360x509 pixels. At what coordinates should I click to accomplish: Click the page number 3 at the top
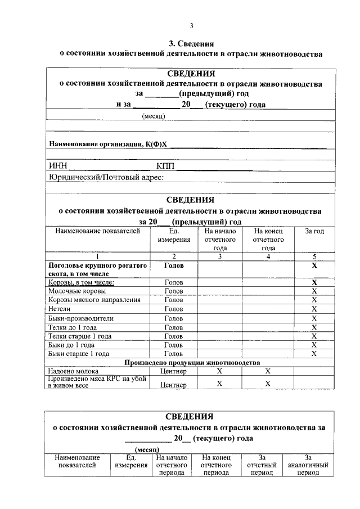(x=191, y=26)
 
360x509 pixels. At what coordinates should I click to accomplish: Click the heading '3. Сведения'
(x=191, y=43)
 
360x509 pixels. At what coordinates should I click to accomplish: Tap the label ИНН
(x=58, y=166)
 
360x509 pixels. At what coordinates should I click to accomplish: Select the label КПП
(x=167, y=166)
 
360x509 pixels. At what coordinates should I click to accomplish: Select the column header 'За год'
(x=314, y=231)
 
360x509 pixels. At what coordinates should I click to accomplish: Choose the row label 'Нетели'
(x=60, y=309)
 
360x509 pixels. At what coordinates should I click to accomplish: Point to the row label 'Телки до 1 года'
(x=72, y=327)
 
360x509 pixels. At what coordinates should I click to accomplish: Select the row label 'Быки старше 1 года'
(x=79, y=353)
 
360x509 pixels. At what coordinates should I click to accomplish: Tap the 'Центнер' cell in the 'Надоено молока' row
(x=173, y=371)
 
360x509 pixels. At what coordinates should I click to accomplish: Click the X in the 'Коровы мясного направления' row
(x=314, y=300)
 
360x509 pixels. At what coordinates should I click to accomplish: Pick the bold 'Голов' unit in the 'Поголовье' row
(x=173, y=264)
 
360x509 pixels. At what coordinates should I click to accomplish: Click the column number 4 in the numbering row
(x=268, y=256)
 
